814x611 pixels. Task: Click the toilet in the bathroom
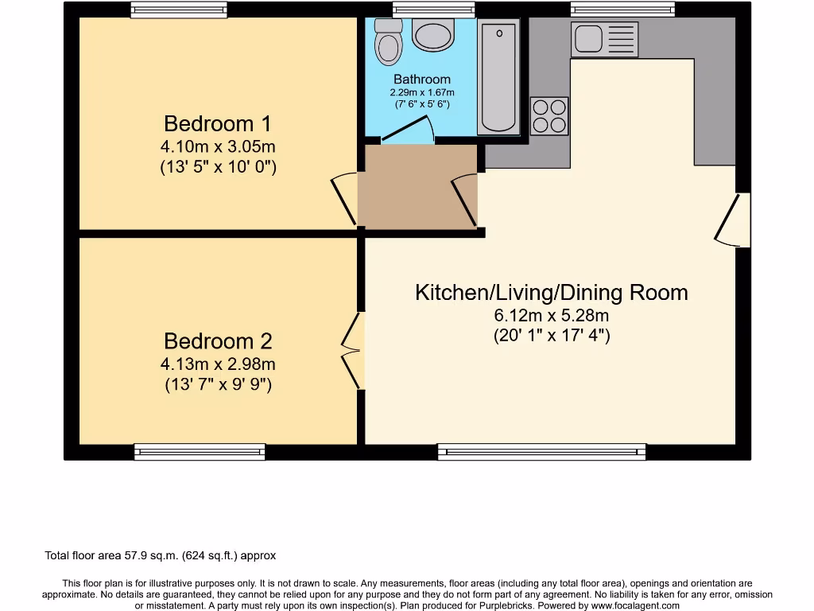[x=388, y=42]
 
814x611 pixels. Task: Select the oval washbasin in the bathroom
[x=433, y=37]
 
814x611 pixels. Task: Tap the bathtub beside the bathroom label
[x=498, y=77]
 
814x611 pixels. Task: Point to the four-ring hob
[x=549, y=115]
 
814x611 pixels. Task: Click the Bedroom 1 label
[x=217, y=124]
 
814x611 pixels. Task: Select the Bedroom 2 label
[x=218, y=341]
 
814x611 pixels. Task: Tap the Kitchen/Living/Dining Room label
[x=551, y=293]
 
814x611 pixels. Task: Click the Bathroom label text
[x=422, y=80]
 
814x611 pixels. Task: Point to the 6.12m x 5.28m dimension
[x=551, y=316]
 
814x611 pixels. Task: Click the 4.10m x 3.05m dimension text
[x=218, y=147]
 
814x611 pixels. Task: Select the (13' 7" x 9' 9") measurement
[x=218, y=385]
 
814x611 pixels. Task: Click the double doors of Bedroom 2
[x=352, y=351]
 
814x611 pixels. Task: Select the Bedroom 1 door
[x=345, y=198]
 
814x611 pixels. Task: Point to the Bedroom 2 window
[x=200, y=452]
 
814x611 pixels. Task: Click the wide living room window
[x=541, y=452]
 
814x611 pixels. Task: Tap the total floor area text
[x=161, y=556]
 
